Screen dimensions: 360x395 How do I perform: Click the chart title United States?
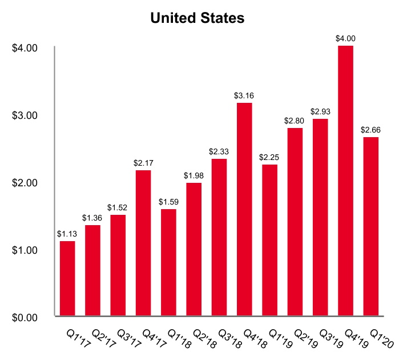197,18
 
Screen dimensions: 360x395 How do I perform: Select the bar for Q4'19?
345,180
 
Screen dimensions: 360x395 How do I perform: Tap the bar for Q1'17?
67,278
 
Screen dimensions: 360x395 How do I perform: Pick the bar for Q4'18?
244,209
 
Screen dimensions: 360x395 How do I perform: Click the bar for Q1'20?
370,226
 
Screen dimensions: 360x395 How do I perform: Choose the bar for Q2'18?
194,249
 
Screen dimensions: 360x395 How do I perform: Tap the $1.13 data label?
67,234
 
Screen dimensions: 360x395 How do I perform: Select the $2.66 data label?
370,130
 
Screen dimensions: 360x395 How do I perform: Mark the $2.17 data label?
143,163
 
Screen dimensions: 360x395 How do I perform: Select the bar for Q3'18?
219,237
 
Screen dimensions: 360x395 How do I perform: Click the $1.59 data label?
168,202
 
